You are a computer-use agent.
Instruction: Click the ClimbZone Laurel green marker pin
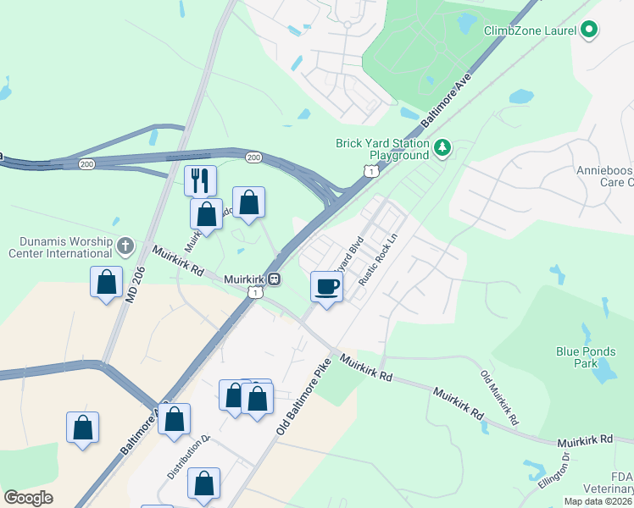pyautogui.click(x=589, y=30)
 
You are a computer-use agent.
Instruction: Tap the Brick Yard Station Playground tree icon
pyautogui.click(x=442, y=149)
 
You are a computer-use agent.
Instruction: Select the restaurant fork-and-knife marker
pyautogui.click(x=200, y=180)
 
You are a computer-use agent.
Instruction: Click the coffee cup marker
pyautogui.click(x=327, y=286)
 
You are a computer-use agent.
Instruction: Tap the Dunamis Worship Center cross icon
pyautogui.click(x=125, y=246)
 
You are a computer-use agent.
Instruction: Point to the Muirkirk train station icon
pyautogui.click(x=275, y=279)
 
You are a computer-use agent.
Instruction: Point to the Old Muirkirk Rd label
pyautogui.click(x=500, y=397)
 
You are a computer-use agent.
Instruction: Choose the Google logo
pyautogui.click(x=28, y=498)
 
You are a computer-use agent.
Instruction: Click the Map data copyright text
pyautogui.click(x=598, y=501)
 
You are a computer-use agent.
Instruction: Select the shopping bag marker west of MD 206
pyautogui.click(x=107, y=282)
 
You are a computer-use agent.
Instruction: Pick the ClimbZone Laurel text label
pyautogui.click(x=529, y=30)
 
